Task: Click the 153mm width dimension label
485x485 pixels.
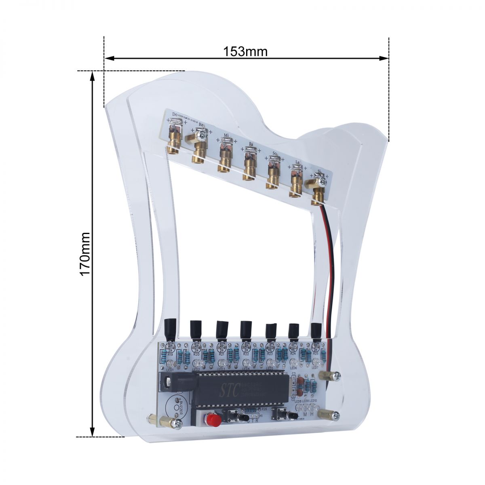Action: [x=245, y=52]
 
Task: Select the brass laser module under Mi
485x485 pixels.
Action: [x=224, y=160]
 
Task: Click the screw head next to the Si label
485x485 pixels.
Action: [x=322, y=182]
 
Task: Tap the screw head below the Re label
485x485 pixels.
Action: [x=201, y=133]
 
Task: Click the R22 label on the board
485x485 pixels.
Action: [x=246, y=354]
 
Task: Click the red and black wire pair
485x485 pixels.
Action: [x=330, y=259]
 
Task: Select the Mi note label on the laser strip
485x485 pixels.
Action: [x=226, y=135]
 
